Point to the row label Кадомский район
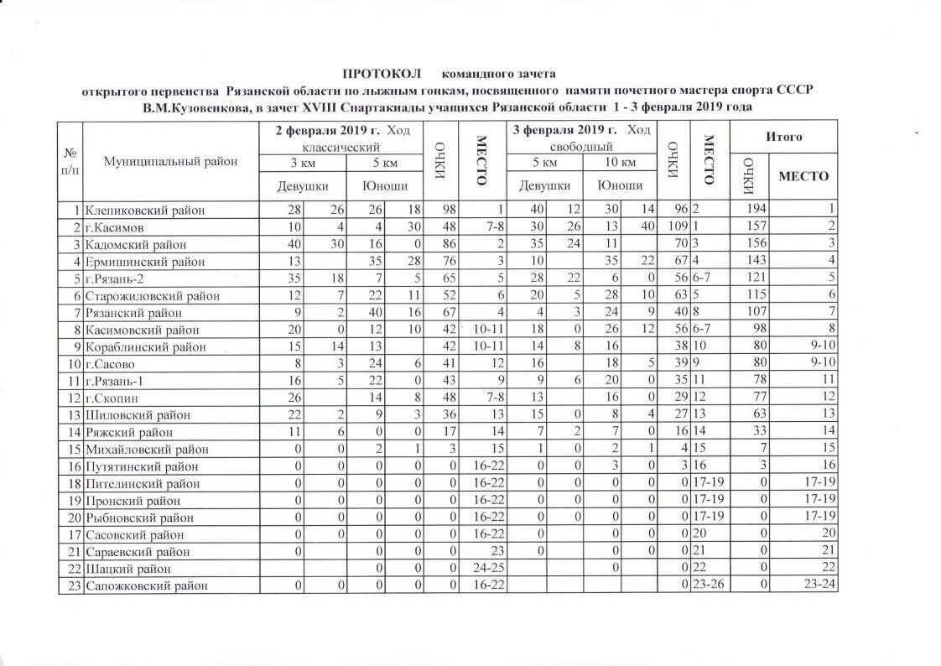click(134, 243)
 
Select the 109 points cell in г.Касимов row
click(673, 226)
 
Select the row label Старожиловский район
click(148, 294)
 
